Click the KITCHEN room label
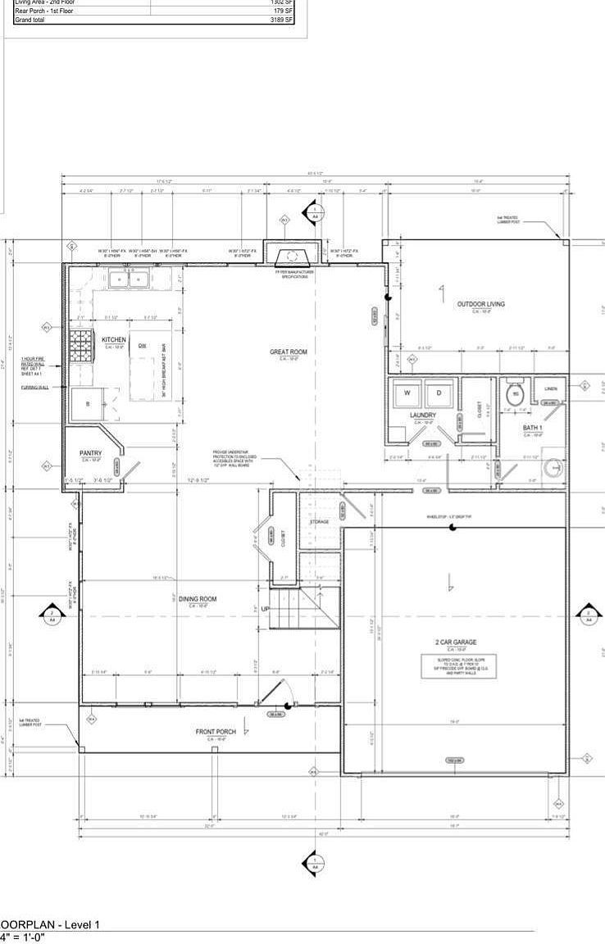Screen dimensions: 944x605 (x=113, y=339)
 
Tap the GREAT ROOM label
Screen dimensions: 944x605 (x=288, y=352)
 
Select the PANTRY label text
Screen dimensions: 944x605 (x=90, y=453)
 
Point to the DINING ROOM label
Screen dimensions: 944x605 (x=198, y=600)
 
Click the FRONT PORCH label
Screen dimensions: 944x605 (x=216, y=731)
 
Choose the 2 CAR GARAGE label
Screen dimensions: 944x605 (x=456, y=642)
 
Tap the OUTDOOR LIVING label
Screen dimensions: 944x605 (x=480, y=304)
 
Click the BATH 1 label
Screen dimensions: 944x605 (x=535, y=428)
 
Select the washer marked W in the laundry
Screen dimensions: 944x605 (x=407, y=393)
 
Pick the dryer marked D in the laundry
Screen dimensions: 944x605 (x=438, y=393)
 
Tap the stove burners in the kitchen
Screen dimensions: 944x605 (x=83, y=351)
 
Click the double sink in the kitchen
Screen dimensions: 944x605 (x=129, y=279)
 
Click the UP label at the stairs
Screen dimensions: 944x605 (x=265, y=608)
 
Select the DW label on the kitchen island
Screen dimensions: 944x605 (x=142, y=345)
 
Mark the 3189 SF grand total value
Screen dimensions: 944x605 (x=282, y=20)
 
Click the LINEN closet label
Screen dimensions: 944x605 (x=551, y=388)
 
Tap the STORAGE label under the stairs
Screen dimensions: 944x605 (x=319, y=521)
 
